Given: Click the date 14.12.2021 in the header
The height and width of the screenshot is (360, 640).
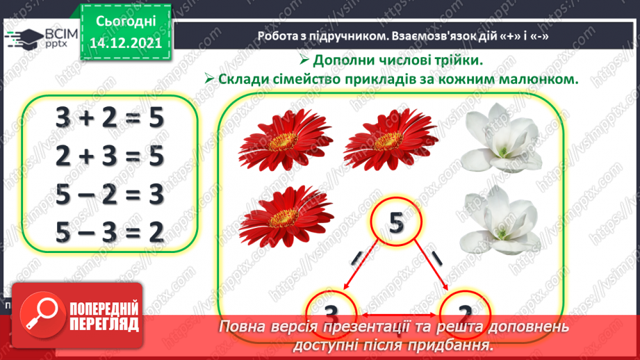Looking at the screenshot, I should pyautogui.click(x=126, y=43).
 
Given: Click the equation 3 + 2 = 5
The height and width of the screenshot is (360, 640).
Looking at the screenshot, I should pyautogui.click(x=110, y=119).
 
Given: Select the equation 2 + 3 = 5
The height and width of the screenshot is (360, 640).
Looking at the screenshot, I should pyautogui.click(x=110, y=156).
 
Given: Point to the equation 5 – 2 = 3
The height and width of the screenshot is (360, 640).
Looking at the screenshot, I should pyautogui.click(x=110, y=195).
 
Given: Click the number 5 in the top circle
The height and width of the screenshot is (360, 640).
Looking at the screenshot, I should pyautogui.click(x=395, y=223).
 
